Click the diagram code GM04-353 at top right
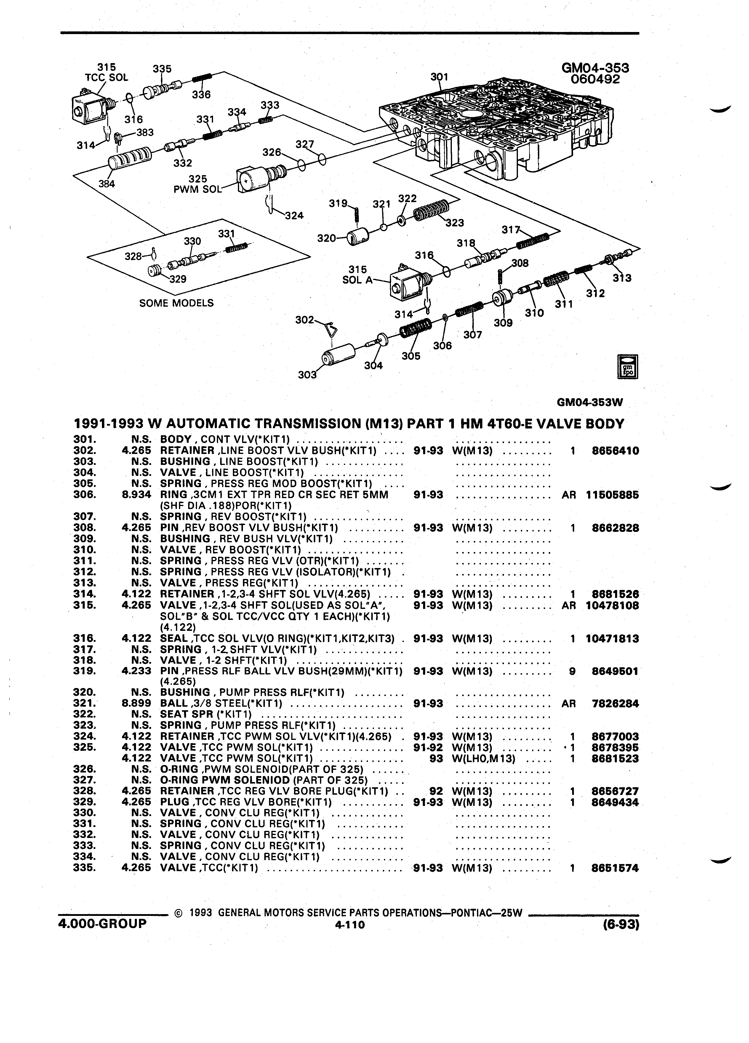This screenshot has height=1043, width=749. [595, 68]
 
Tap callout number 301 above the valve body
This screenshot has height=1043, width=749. [439, 77]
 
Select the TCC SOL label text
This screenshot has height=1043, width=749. [107, 77]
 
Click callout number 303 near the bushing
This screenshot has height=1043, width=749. [307, 375]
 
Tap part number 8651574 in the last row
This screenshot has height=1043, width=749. [615, 868]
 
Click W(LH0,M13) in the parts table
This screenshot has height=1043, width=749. [484, 758]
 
